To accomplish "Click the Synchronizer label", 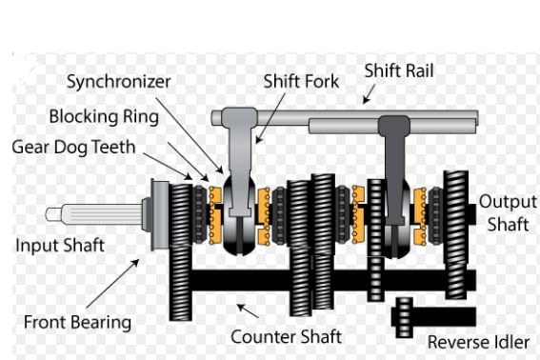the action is tap(118, 82).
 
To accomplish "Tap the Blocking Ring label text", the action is tap(104, 116).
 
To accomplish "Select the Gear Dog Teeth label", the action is tap(73, 147).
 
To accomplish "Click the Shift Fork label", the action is tap(301, 82).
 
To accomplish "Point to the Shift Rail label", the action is tap(399, 70).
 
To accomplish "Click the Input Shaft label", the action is tap(60, 246).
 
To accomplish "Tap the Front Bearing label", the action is tap(77, 323).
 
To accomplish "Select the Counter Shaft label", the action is tap(286, 336).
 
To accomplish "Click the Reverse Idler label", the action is tap(478, 343).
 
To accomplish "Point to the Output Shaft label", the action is tap(508, 213).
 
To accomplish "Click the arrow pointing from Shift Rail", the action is tap(369, 93).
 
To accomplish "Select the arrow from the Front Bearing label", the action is tap(112, 283).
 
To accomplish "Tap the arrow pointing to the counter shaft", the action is tap(248, 310).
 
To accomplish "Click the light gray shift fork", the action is tap(240, 162).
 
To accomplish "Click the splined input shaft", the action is tap(94, 214).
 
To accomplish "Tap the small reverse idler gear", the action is tap(404, 318).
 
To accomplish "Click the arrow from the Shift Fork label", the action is tap(270, 117).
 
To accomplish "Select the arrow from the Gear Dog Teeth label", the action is tap(168, 166).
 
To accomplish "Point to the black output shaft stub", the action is tap(472, 214).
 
